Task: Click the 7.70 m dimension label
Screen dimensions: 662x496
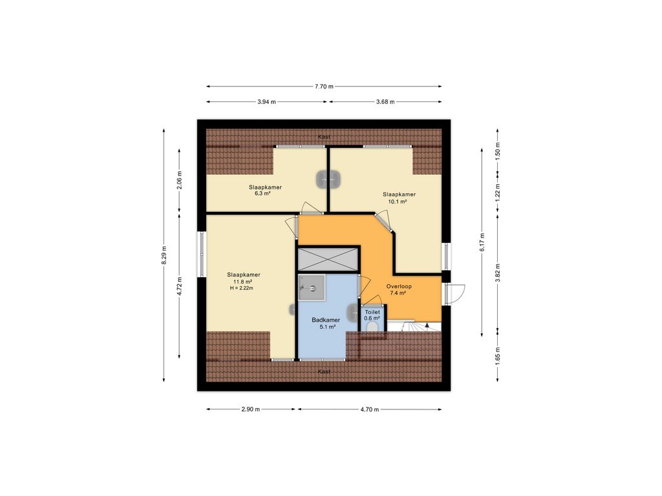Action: (x=324, y=87)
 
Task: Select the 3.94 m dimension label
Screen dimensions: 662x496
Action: (x=266, y=101)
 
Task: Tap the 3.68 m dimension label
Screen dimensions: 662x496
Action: (x=385, y=101)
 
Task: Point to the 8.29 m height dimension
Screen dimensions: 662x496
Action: (x=164, y=255)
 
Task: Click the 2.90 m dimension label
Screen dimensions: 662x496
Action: (x=250, y=409)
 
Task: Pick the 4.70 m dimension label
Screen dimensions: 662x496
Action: (x=369, y=409)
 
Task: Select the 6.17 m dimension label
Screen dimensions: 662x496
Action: (x=482, y=243)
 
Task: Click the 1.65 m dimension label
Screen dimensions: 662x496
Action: (x=498, y=356)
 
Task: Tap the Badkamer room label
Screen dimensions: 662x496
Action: (x=326, y=320)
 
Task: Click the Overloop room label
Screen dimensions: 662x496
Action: (x=399, y=286)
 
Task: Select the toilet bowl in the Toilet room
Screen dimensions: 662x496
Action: (x=372, y=327)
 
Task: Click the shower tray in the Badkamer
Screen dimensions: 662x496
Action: (x=312, y=287)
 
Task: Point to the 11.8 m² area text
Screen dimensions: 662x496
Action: (x=243, y=282)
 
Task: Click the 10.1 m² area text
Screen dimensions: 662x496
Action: (x=398, y=201)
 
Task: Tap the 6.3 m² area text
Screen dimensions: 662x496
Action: (x=262, y=194)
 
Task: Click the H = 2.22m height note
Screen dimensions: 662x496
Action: (x=242, y=288)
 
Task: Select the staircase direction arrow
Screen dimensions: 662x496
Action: (x=427, y=325)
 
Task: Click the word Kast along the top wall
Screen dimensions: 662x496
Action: (x=325, y=137)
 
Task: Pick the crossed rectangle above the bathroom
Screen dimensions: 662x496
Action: (x=328, y=259)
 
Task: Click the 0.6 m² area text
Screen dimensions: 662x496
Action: (x=372, y=318)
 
